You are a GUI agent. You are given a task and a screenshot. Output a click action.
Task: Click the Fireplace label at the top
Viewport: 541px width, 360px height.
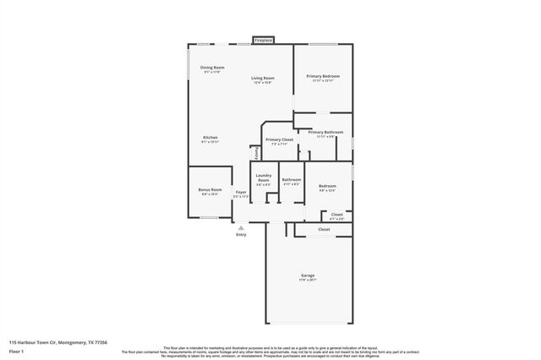pos(264,40)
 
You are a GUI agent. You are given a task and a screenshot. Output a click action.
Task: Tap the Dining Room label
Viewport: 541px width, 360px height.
pos(212,67)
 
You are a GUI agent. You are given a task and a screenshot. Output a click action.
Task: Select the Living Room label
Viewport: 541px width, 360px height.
pos(263,78)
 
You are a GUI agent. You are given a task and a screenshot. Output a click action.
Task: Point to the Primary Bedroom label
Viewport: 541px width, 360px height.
pos(323,76)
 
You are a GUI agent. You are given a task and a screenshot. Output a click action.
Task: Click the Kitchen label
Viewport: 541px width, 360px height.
pos(210,137)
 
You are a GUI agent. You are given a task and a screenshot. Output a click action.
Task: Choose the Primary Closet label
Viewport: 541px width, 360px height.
pos(279,139)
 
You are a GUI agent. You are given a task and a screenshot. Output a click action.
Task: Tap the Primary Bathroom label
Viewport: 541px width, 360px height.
pos(325,132)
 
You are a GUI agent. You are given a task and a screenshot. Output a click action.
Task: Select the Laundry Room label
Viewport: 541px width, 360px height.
pos(264,178)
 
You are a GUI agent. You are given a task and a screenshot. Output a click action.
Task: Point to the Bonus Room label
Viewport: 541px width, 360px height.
pos(210,190)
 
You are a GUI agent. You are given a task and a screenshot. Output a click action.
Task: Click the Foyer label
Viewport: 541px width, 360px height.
pos(241,193)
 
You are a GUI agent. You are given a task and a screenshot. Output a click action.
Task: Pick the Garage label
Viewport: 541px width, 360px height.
pos(308,275)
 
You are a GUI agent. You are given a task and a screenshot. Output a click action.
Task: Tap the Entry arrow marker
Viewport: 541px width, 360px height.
pos(242,226)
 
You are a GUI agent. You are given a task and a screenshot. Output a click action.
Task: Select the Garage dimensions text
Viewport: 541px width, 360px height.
pos(308,281)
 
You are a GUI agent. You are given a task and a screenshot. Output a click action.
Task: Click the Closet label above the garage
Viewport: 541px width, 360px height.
pos(324,229)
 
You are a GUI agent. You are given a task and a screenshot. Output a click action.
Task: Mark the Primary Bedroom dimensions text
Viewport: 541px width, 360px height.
pos(323,81)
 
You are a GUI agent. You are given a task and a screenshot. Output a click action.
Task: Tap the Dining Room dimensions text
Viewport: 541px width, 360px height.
pos(212,72)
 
